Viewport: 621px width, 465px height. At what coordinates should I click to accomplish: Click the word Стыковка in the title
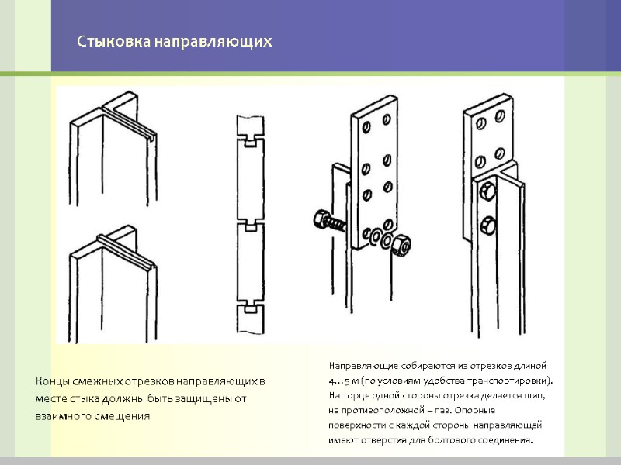[x=113, y=42]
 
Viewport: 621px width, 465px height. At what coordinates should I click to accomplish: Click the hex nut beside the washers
[x=401, y=244]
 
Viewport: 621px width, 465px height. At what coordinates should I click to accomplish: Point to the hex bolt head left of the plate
[x=321, y=219]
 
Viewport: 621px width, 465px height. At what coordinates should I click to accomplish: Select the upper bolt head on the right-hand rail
[x=487, y=191]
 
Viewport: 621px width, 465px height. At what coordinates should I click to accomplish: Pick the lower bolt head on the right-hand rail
[x=488, y=226]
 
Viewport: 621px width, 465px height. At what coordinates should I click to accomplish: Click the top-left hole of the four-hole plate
[x=480, y=124]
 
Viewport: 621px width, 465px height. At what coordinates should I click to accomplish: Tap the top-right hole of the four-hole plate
[x=500, y=116]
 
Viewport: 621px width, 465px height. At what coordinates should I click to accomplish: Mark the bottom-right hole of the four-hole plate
[x=499, y=153]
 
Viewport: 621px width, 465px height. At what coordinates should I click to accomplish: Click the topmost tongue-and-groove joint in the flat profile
[x=250, y=141]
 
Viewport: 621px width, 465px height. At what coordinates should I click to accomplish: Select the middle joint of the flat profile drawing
[x=250, y=225]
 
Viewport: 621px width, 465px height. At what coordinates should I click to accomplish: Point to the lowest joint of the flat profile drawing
[x=250, y=306]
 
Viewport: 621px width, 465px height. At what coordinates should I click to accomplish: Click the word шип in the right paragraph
[x=535, y=396]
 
